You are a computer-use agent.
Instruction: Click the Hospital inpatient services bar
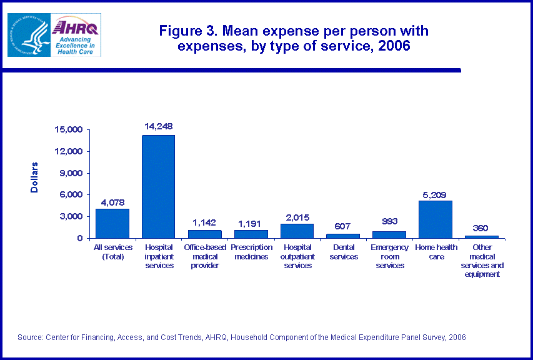(x=158, y=186)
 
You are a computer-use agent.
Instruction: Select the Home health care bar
(x=435, y=219)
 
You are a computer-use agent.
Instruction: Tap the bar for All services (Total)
(x=112, y=223)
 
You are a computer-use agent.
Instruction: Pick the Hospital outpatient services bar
(x=297, y=231)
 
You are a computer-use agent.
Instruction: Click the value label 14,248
(x=158, y=126)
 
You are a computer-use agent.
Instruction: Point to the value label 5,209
(x=435, y=194)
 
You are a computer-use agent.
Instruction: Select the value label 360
(x=481, y=228)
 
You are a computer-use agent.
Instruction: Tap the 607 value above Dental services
(x=343, y=226)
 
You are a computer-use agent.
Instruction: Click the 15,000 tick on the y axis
(x=69, y=130)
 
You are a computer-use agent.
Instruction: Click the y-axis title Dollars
(x=35, y=177)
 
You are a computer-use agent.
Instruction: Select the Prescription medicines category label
(x=251, y=252)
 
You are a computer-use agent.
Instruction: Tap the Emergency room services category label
(x=389, y=257)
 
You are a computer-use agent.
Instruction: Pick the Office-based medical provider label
(x=204, y=257)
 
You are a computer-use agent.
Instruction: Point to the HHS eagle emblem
(x=27, y=34)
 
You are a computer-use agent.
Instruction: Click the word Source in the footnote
(x=30, y=337)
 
